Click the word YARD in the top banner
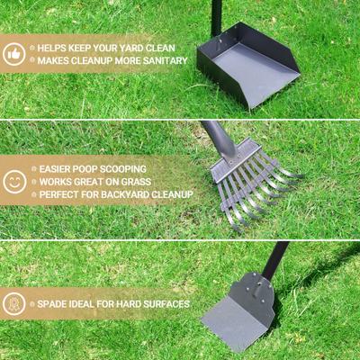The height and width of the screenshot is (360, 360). point(120,48)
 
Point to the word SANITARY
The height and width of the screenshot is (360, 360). point(163,60)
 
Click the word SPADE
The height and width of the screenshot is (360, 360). point(55,304)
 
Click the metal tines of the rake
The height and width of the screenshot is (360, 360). point(256,184)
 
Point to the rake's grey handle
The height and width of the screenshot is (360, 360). point(216,135)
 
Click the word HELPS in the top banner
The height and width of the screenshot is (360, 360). point(56,48)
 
